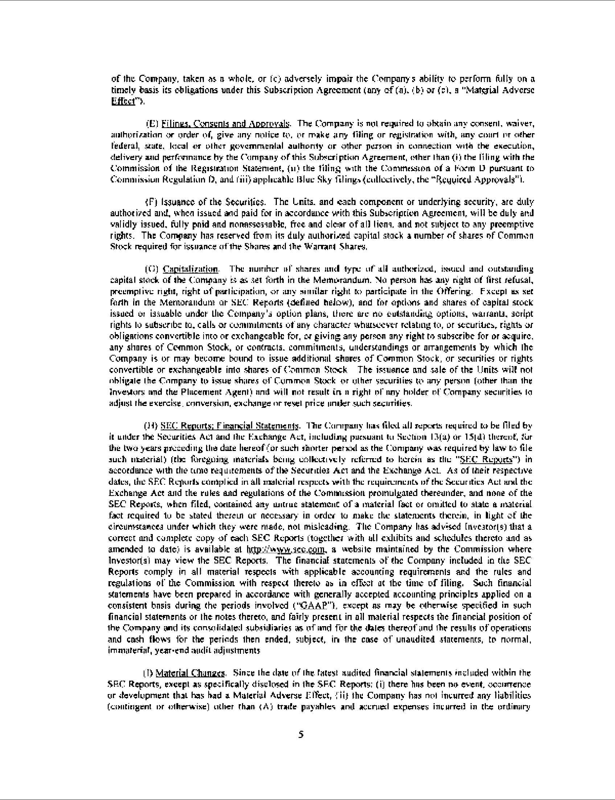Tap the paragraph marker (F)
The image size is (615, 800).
[x=151, y=202]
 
